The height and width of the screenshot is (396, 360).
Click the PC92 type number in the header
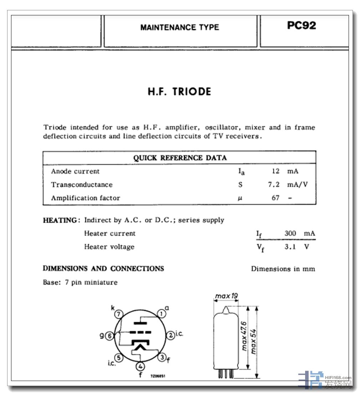pyautogui.click(x=301, y=26)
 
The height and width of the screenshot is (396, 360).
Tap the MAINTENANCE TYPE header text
pyautogui.click(x=180, y=27)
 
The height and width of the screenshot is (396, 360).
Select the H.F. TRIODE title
pyautogui.click(x=179, y=92)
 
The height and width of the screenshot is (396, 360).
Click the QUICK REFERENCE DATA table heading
pyautogui.click(x=180, y=158)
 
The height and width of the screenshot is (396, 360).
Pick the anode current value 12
pyautogui.click(x=275, y=171)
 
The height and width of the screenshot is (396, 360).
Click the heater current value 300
pyautogui.click(x=290, y=233)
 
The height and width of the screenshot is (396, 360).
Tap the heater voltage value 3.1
pyautogui.click(x=290, y=247)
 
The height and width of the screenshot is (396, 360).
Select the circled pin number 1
pyautogui.click(x=161, y=314)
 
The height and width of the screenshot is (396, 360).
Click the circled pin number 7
pyautogui.click(x=119, y=314)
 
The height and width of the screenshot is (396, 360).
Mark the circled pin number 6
pyautogui.click(x=109, y=336)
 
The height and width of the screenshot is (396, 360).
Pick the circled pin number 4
pyautogui.click(x=140, y=366)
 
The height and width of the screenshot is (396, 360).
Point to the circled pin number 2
pyautogui.click(x=171, y=335)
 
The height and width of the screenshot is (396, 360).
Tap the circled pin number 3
pyautogui.click(x=162, y=357)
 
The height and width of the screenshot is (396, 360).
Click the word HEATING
pyautogui.click(x=60, y=220)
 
